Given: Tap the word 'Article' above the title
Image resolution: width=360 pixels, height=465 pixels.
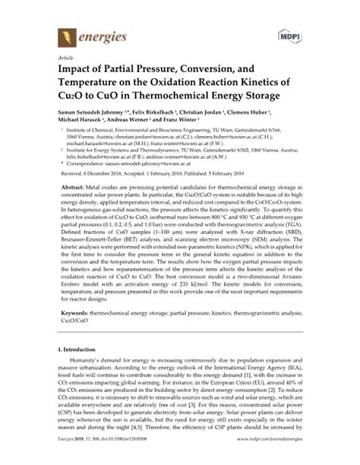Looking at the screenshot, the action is point(56,58).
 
